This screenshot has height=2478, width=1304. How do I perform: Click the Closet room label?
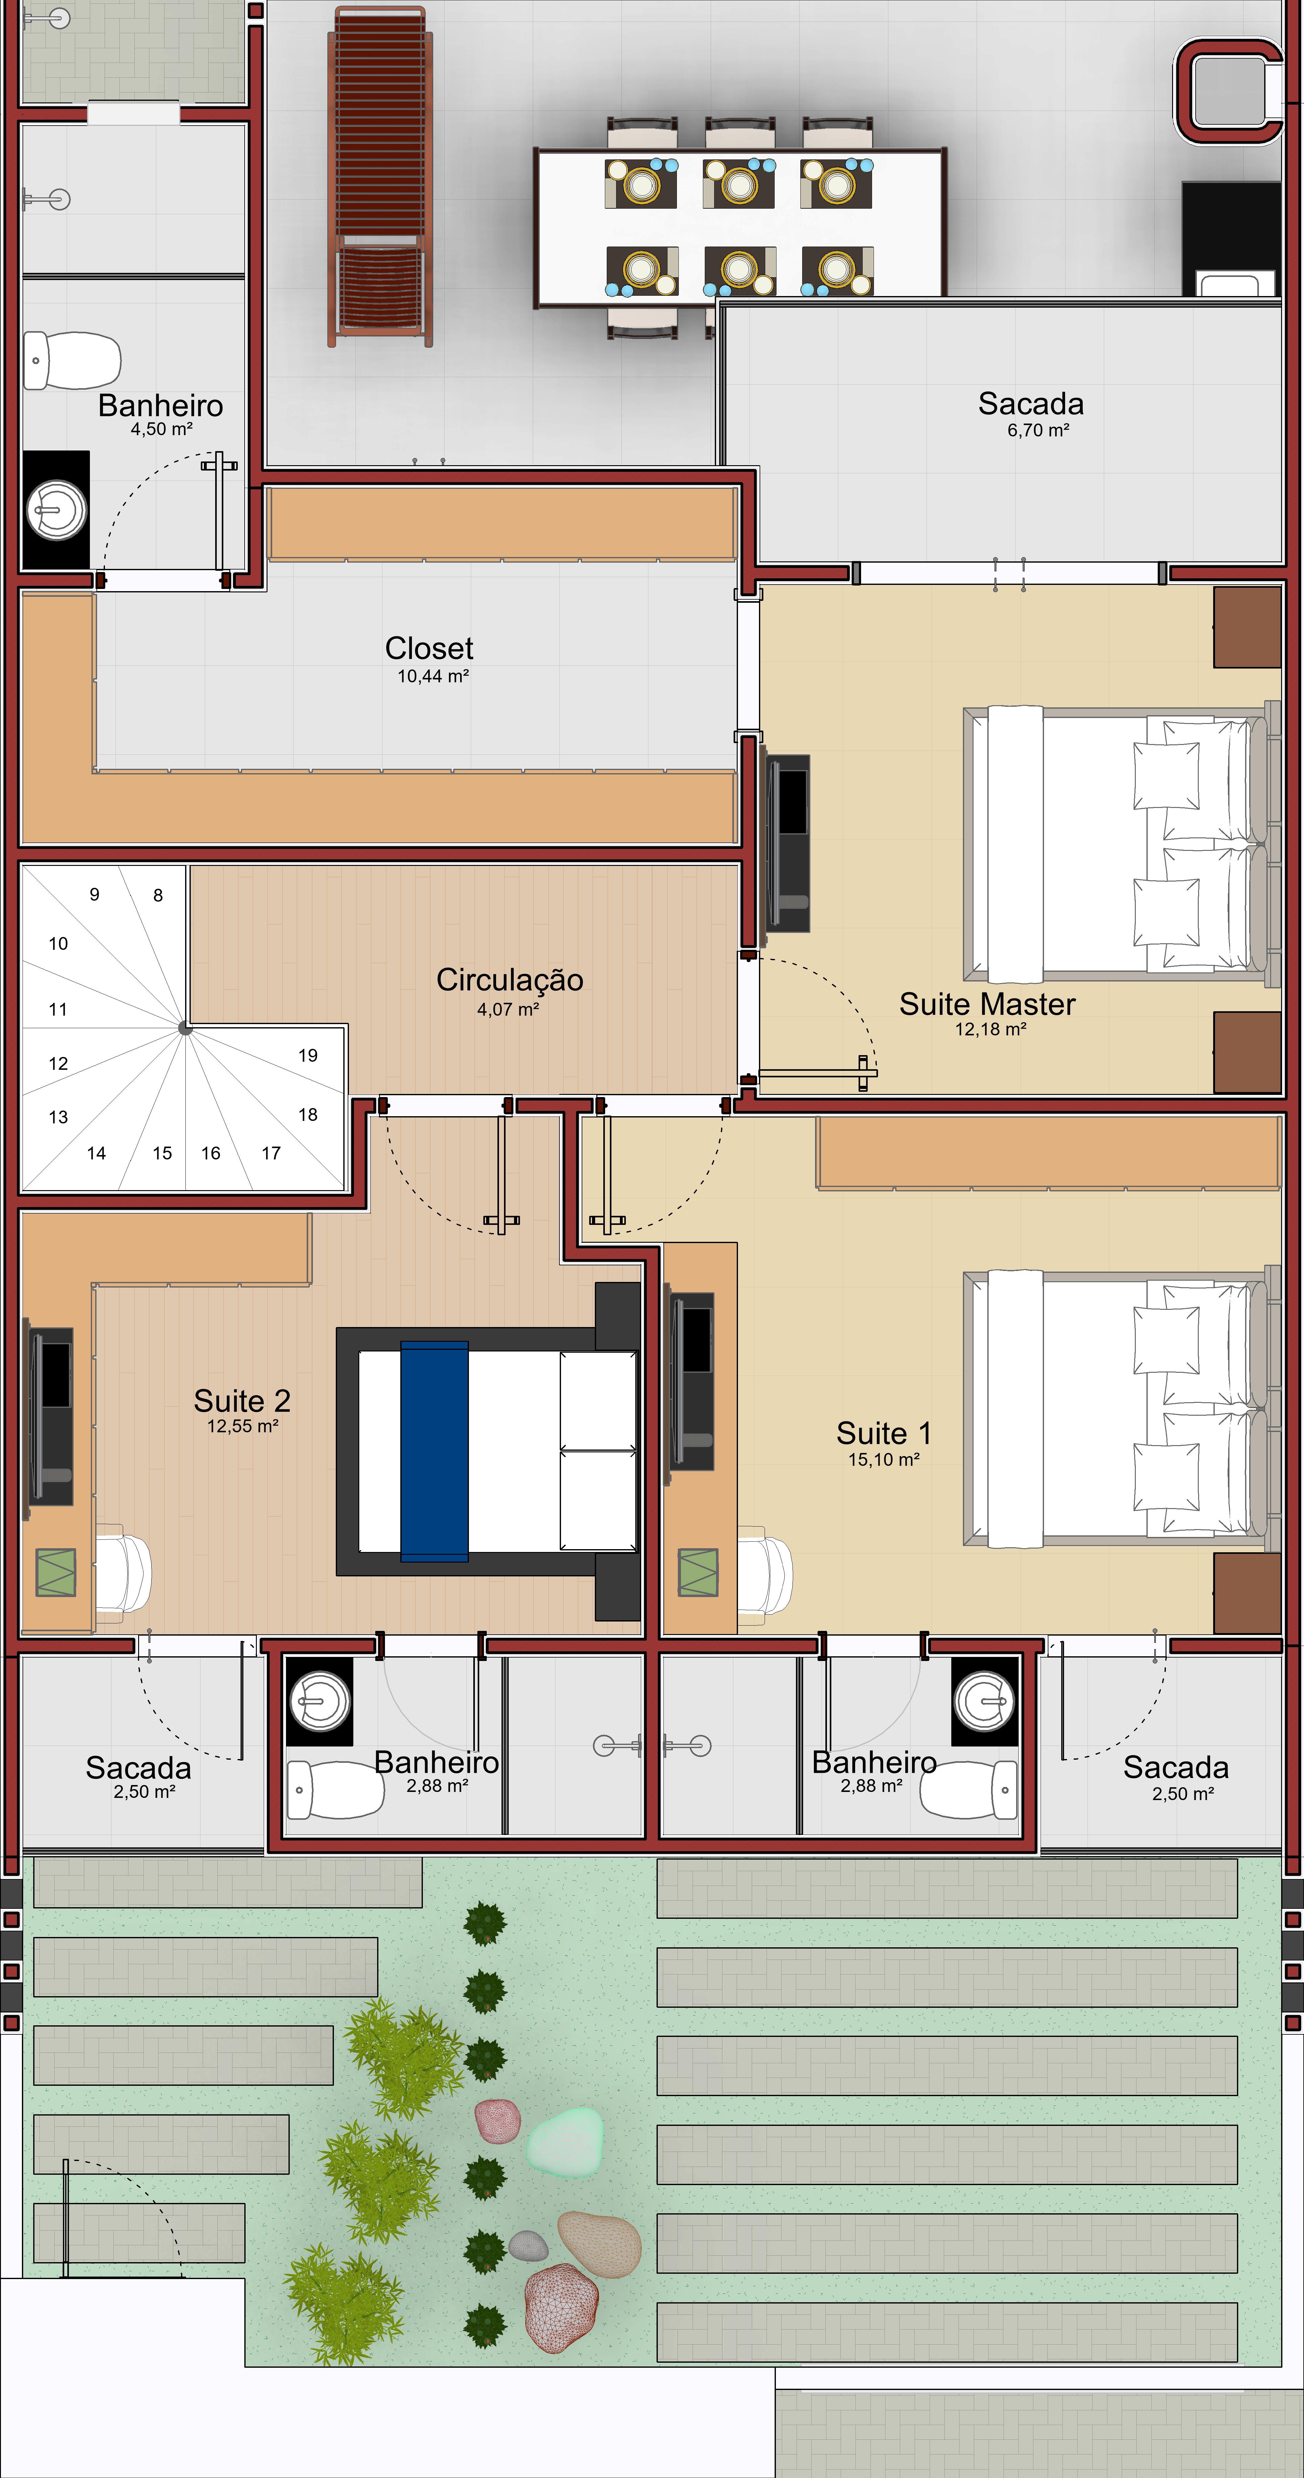tap(429, 648)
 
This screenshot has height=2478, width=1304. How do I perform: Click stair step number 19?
tap(308, 1055)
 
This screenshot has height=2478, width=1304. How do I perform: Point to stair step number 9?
tap(94, 895)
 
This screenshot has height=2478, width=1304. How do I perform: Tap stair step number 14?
tap(96, 1153)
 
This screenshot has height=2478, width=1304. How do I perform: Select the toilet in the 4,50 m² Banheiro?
tap(72, 361)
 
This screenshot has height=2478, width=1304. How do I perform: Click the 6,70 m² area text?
tap(1038, 430)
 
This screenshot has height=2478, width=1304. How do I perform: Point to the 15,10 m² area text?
tap(883, 1459)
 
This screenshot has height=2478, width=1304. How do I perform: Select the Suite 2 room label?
tap(242, 1401)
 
